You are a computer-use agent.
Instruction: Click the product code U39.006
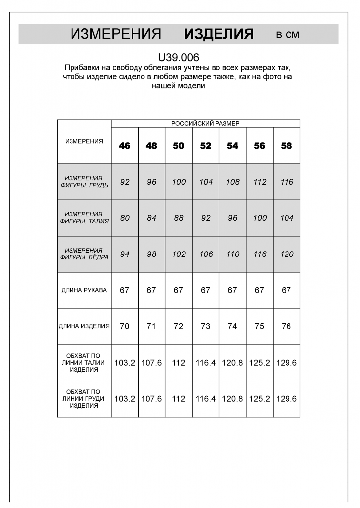click(x=178, y=58)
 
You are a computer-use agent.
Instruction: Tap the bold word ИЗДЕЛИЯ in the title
click(x=218, y=34)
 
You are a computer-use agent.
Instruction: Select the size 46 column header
click(x=125, y=146)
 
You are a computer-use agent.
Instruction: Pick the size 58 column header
click(x=287, y=146)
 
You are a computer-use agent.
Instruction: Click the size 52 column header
click(x=206, y=146)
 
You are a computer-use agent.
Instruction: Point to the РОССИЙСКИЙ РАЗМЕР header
click(x=205, y=124)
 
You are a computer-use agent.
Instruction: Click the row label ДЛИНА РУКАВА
click(x=84, y=290)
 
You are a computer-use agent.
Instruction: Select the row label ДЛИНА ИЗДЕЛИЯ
click(x=84, y=326)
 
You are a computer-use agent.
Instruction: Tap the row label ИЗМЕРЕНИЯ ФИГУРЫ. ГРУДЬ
click(x=84, y=182)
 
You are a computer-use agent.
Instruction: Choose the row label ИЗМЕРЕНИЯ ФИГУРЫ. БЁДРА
click(x=84, y=254)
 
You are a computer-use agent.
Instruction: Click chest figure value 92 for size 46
click(x=125, y=182)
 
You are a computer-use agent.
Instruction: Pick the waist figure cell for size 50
click(x=179, y=218)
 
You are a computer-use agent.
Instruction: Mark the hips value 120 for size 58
click(x=287, y=254)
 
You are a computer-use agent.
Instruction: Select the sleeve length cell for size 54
click(x=232, y=290)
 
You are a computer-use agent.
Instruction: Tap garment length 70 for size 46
click(x=125, y=326)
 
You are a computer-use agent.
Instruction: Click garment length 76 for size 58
click(x=287, y=326)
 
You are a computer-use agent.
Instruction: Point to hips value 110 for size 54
click(x=232, y=254)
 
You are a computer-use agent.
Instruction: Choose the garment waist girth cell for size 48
click(x=151, y=363)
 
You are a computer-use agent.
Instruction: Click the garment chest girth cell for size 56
click(x=260, y=399)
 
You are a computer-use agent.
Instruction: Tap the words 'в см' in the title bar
click(x=288, y=35)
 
